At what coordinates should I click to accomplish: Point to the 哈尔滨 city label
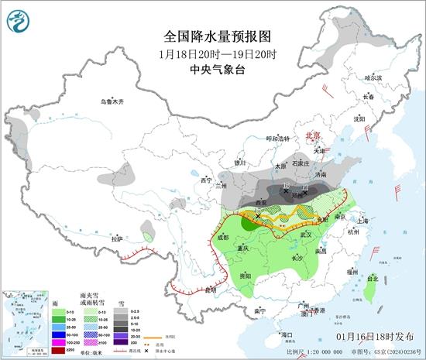(x=373, y=77)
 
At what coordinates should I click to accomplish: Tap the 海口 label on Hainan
(x=287, y=334)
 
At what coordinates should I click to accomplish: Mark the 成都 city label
(x=224, y=238)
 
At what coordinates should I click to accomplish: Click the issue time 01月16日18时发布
(x=376, y=337)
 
